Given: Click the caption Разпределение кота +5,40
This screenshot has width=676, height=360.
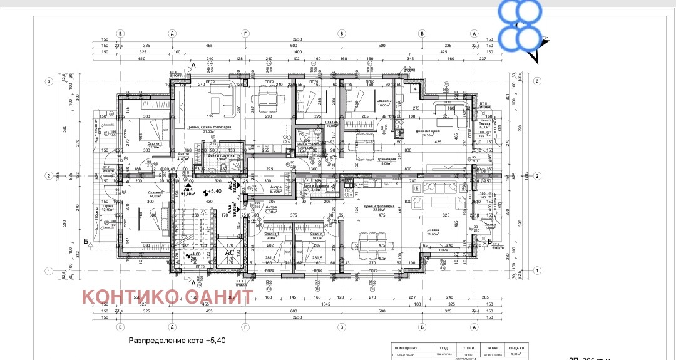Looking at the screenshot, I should coord(177,341).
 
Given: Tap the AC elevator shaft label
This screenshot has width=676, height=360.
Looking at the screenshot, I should coord(230,252).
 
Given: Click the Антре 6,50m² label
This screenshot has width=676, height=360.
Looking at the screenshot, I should coord(275,189).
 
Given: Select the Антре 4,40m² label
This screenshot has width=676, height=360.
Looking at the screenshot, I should coord(183,157).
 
